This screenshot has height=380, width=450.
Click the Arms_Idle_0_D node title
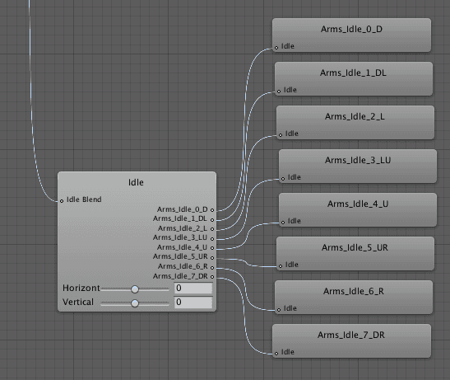351,30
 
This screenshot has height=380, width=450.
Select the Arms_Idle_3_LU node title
358,160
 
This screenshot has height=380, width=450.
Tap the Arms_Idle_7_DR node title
351,335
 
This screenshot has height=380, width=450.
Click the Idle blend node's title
136,182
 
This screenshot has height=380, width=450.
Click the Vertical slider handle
135,303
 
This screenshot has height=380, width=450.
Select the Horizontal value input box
193,288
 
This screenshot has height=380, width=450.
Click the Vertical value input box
193,302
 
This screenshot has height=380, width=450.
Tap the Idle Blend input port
62,201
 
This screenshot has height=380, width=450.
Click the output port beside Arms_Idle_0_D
212,210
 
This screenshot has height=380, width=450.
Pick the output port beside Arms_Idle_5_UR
212,258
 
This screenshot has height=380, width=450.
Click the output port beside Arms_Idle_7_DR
212,277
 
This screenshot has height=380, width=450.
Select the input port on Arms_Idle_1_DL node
279,91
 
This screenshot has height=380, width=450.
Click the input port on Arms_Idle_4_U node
283,223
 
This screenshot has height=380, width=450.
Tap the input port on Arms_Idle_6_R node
279,310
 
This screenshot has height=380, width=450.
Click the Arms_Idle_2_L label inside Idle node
183,228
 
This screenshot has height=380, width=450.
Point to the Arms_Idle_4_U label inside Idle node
182,247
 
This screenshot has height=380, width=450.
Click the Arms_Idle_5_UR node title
355,247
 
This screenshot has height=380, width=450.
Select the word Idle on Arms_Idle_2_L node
292,134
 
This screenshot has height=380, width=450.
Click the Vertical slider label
78,302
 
